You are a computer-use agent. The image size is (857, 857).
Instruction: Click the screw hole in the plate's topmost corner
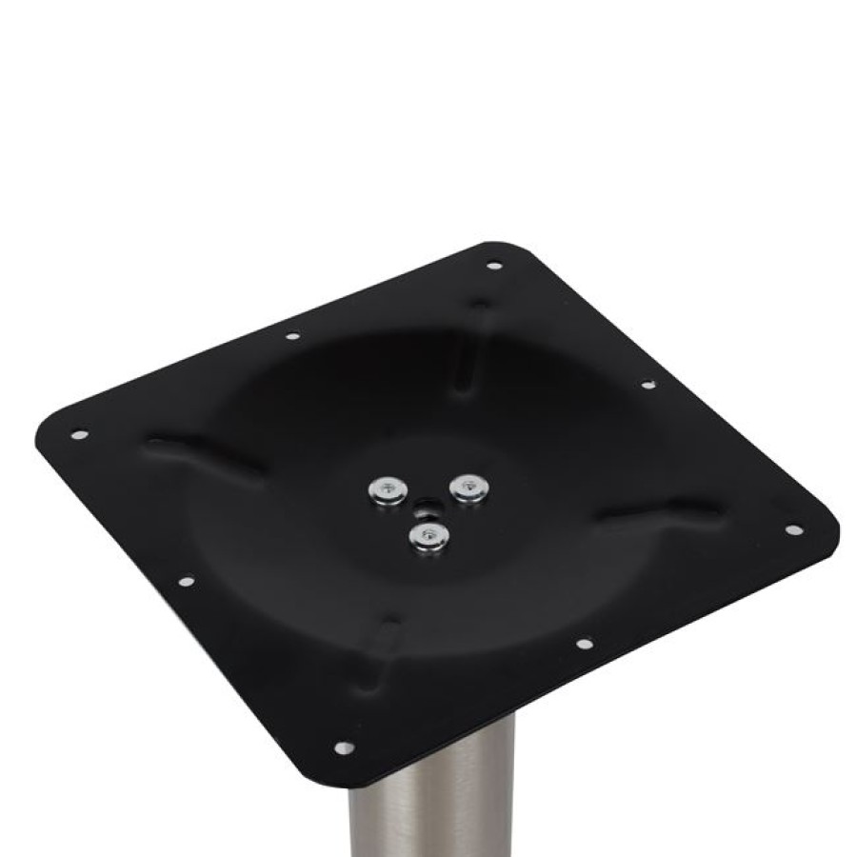492,265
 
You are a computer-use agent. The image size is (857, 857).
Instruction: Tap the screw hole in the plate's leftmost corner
78,434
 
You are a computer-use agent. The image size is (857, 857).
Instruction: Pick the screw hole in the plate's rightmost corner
792,529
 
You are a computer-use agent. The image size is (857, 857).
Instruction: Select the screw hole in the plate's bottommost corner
344,747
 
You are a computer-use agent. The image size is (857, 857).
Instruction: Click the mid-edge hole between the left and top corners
291,335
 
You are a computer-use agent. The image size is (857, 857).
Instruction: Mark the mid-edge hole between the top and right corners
648,385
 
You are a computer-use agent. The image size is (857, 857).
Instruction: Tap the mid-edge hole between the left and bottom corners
186,580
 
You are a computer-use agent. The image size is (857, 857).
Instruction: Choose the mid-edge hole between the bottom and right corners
585,644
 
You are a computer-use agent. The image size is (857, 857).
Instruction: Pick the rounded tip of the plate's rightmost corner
834,529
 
